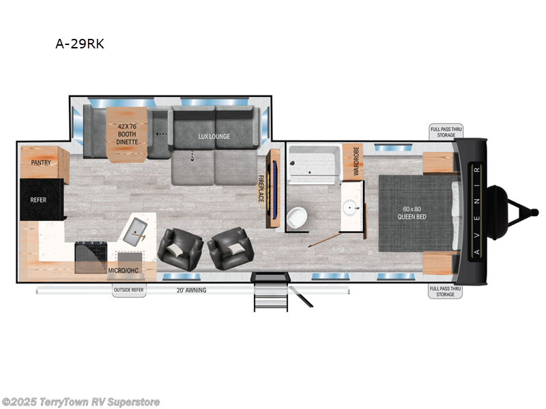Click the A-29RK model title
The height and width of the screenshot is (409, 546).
[x=80, y=44]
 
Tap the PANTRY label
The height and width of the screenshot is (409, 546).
[x=41, y=162]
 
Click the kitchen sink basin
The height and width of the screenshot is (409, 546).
[x=135, y=231]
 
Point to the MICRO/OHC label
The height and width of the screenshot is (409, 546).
[x=124, y=270]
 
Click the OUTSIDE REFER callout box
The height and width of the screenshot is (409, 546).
[x=129, y=290]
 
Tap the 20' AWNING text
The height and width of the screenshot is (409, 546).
[x=191, y=290]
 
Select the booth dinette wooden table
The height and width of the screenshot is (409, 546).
[x=127, y=134]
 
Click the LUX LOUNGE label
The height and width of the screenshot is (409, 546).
[x=214, y=136]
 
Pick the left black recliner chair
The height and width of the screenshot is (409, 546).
[x=180, y=249]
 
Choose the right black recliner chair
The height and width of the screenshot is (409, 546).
[x=231, y=248]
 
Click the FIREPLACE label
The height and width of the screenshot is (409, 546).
[x=261, y=188]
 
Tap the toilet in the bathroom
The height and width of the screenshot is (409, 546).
[x=297, y=217]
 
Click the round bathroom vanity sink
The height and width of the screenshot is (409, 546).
[x=351, y=208]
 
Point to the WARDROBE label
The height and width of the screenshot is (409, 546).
[x=356, y=161]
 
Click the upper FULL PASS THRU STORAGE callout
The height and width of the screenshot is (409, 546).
[x=446, y=132]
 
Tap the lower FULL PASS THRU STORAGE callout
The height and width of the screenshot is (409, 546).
[x=446, y=292]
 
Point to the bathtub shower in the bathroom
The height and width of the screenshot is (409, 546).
[x=315, y=164]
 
